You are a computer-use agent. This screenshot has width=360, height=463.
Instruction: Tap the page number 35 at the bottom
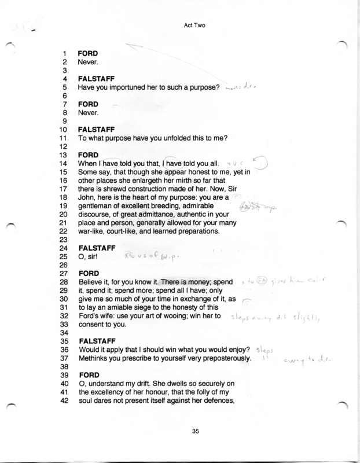tap(185, 430)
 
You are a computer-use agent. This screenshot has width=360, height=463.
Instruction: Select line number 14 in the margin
tap(65, 164)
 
